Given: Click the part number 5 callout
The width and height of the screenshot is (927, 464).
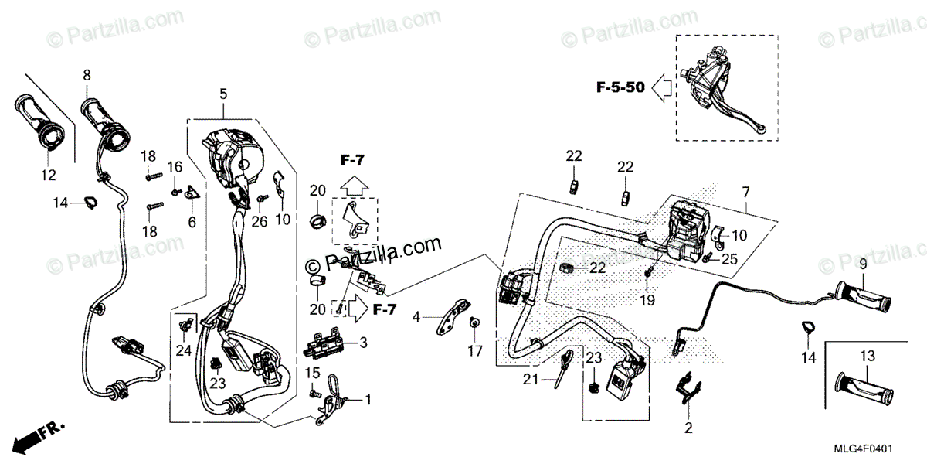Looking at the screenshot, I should click(222, 94).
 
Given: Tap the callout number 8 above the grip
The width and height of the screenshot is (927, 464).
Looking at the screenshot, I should click(87, 75).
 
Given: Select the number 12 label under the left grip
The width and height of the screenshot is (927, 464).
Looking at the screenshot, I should click(48, 176).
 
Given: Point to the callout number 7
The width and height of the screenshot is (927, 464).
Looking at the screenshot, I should click(745, 191).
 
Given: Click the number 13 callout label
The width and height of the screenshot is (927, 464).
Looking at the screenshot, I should click(867, 356).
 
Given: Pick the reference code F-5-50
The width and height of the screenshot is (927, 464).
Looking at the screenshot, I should click(620, 87).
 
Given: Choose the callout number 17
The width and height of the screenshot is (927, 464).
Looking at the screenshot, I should click(474, 350).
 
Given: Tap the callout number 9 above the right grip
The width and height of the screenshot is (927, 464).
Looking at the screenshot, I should click(862, 264).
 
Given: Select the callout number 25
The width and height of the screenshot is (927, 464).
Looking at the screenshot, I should click(730, 260).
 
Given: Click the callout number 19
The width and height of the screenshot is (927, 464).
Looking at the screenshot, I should click(647, 300).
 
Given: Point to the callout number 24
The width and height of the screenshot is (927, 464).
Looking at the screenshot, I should click(182, 350).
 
